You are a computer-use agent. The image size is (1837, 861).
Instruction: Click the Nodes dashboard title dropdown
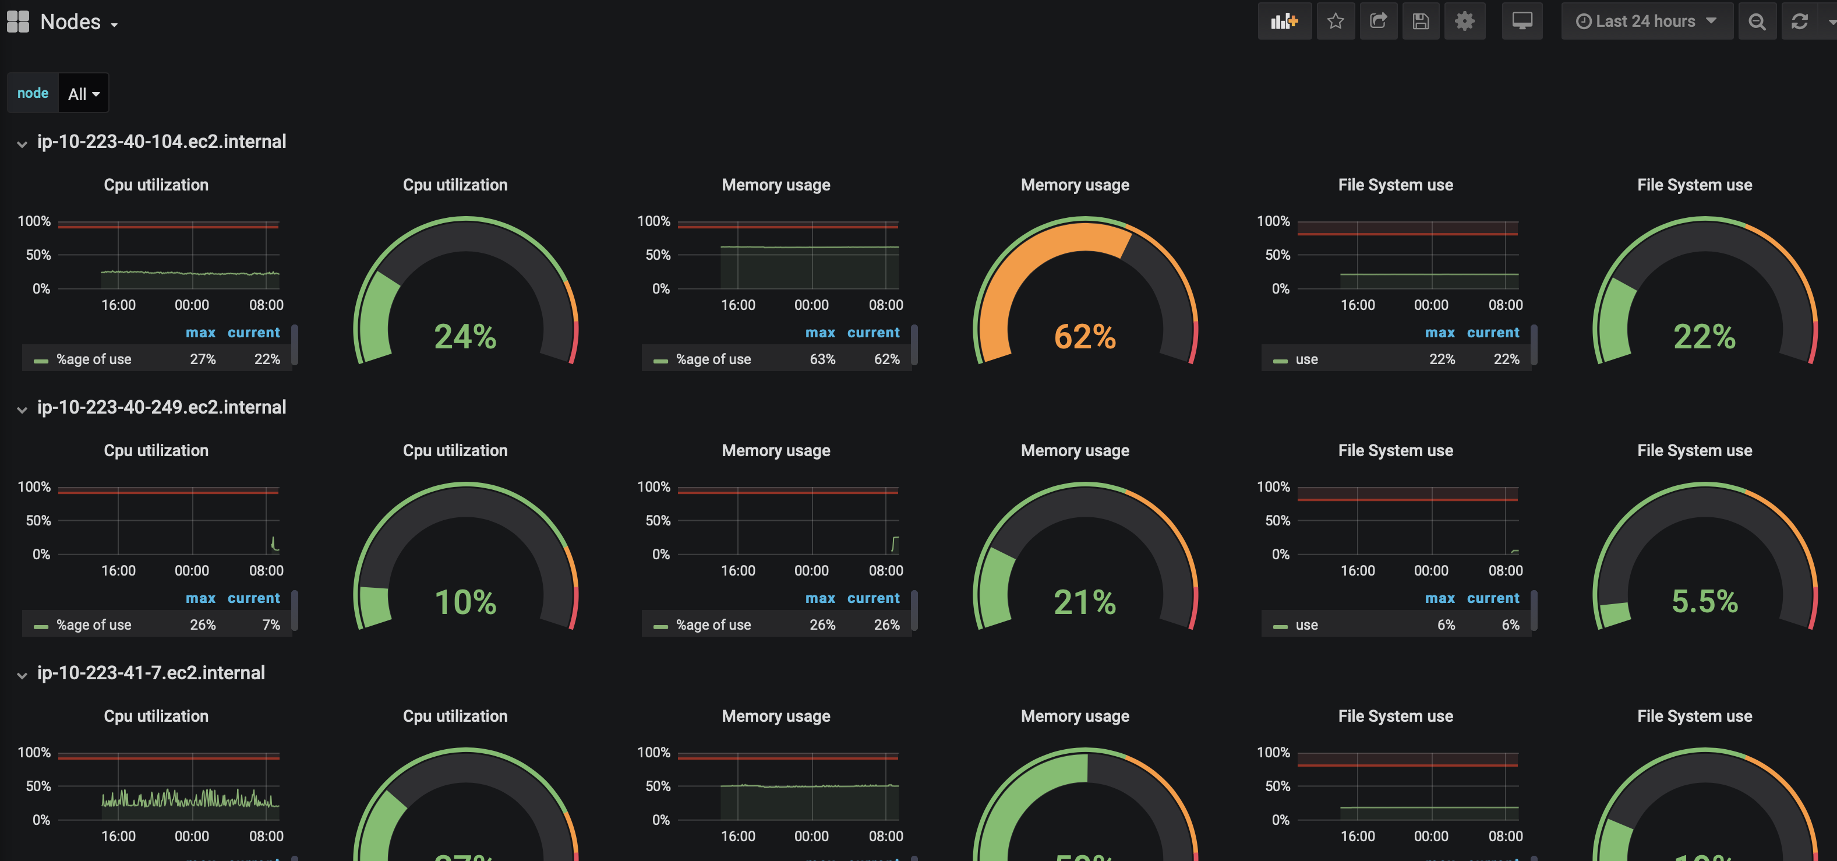(79, 22)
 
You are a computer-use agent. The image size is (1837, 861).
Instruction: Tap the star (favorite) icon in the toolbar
(1336, 22)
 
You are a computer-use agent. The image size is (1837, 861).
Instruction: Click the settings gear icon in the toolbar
(1464, 22)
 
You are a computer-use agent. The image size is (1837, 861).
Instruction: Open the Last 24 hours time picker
(1646, 22)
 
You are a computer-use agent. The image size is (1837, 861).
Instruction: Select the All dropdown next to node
(83, 93)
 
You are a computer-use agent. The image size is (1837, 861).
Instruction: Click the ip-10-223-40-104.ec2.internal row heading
(161, 142)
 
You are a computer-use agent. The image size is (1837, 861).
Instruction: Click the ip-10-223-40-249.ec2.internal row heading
(161, 407)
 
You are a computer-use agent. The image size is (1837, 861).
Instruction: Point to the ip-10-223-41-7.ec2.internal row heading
(150, 673)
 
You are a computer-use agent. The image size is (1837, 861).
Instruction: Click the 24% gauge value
(465, 337)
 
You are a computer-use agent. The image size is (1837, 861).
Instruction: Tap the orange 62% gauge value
(1084, 337)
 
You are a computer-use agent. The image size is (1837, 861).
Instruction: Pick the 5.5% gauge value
(1704, 601)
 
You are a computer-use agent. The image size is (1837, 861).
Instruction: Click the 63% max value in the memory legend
(822, 359)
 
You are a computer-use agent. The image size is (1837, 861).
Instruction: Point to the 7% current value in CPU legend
(271, 625)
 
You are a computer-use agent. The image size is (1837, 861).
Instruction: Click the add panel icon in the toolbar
(1284, 22)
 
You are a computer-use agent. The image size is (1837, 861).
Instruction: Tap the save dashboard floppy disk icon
(1421, 22)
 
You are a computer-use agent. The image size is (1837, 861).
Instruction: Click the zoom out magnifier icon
(1757, 22)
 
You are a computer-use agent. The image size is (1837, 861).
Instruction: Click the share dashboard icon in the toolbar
(1379, 22)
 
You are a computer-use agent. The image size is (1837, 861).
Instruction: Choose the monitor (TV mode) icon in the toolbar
(1522, 22)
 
